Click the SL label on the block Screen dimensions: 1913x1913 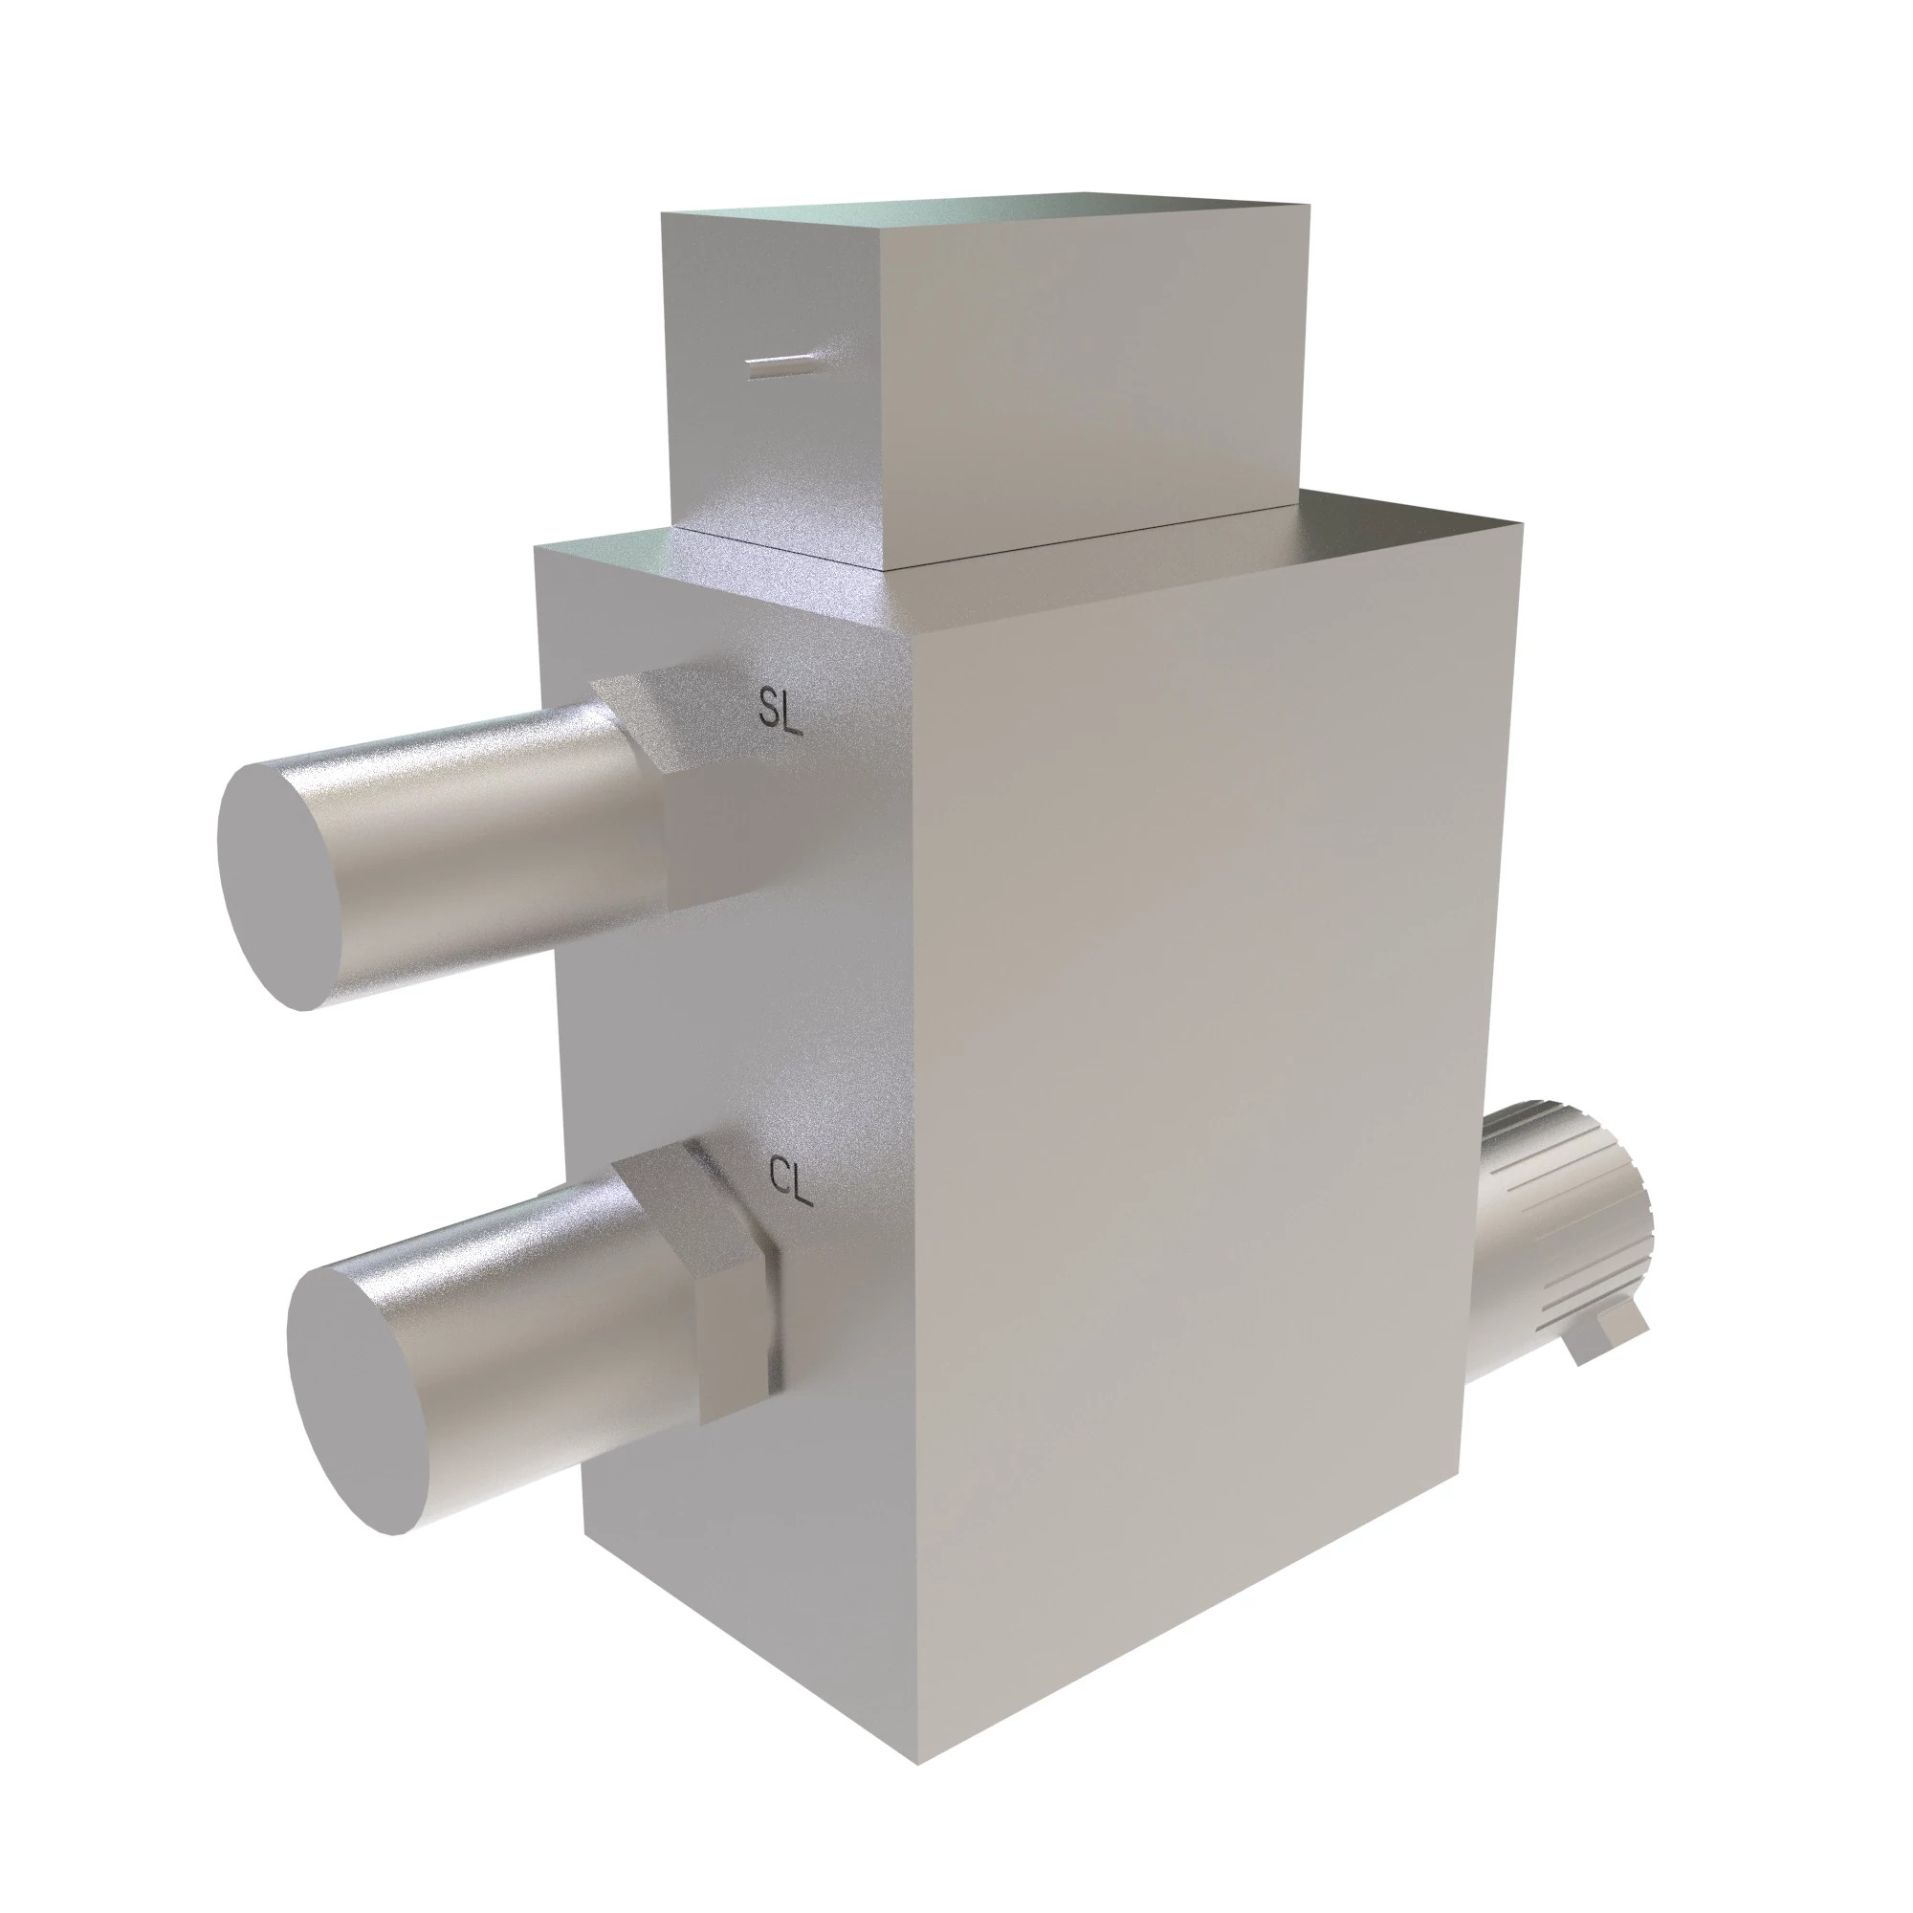tap(779, 710)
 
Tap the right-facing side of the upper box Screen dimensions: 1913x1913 tap(1089, 376)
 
